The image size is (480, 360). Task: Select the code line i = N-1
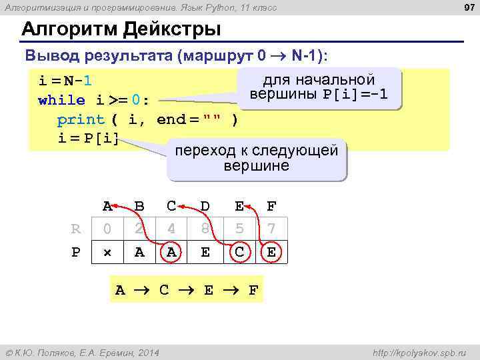[x=65, y=81]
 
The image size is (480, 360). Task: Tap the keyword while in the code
[x=62, y=100]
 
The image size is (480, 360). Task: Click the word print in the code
[x=81, y=120]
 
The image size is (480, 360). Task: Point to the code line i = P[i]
[x=88, y=139]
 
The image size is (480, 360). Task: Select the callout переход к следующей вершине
[x=256, y=158]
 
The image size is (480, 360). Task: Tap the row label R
[x=75, y=229]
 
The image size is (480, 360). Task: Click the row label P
[x=75, y=253]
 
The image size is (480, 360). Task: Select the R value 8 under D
[x=205, y=229]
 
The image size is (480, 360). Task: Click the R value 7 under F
[x=271, y=229]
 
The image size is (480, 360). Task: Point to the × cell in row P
[x=107, y=253]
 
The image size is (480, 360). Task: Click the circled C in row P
[x=238, y=253]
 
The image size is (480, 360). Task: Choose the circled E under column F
[x=271, y=253]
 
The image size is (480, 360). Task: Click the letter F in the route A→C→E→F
[x=253, y=290]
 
